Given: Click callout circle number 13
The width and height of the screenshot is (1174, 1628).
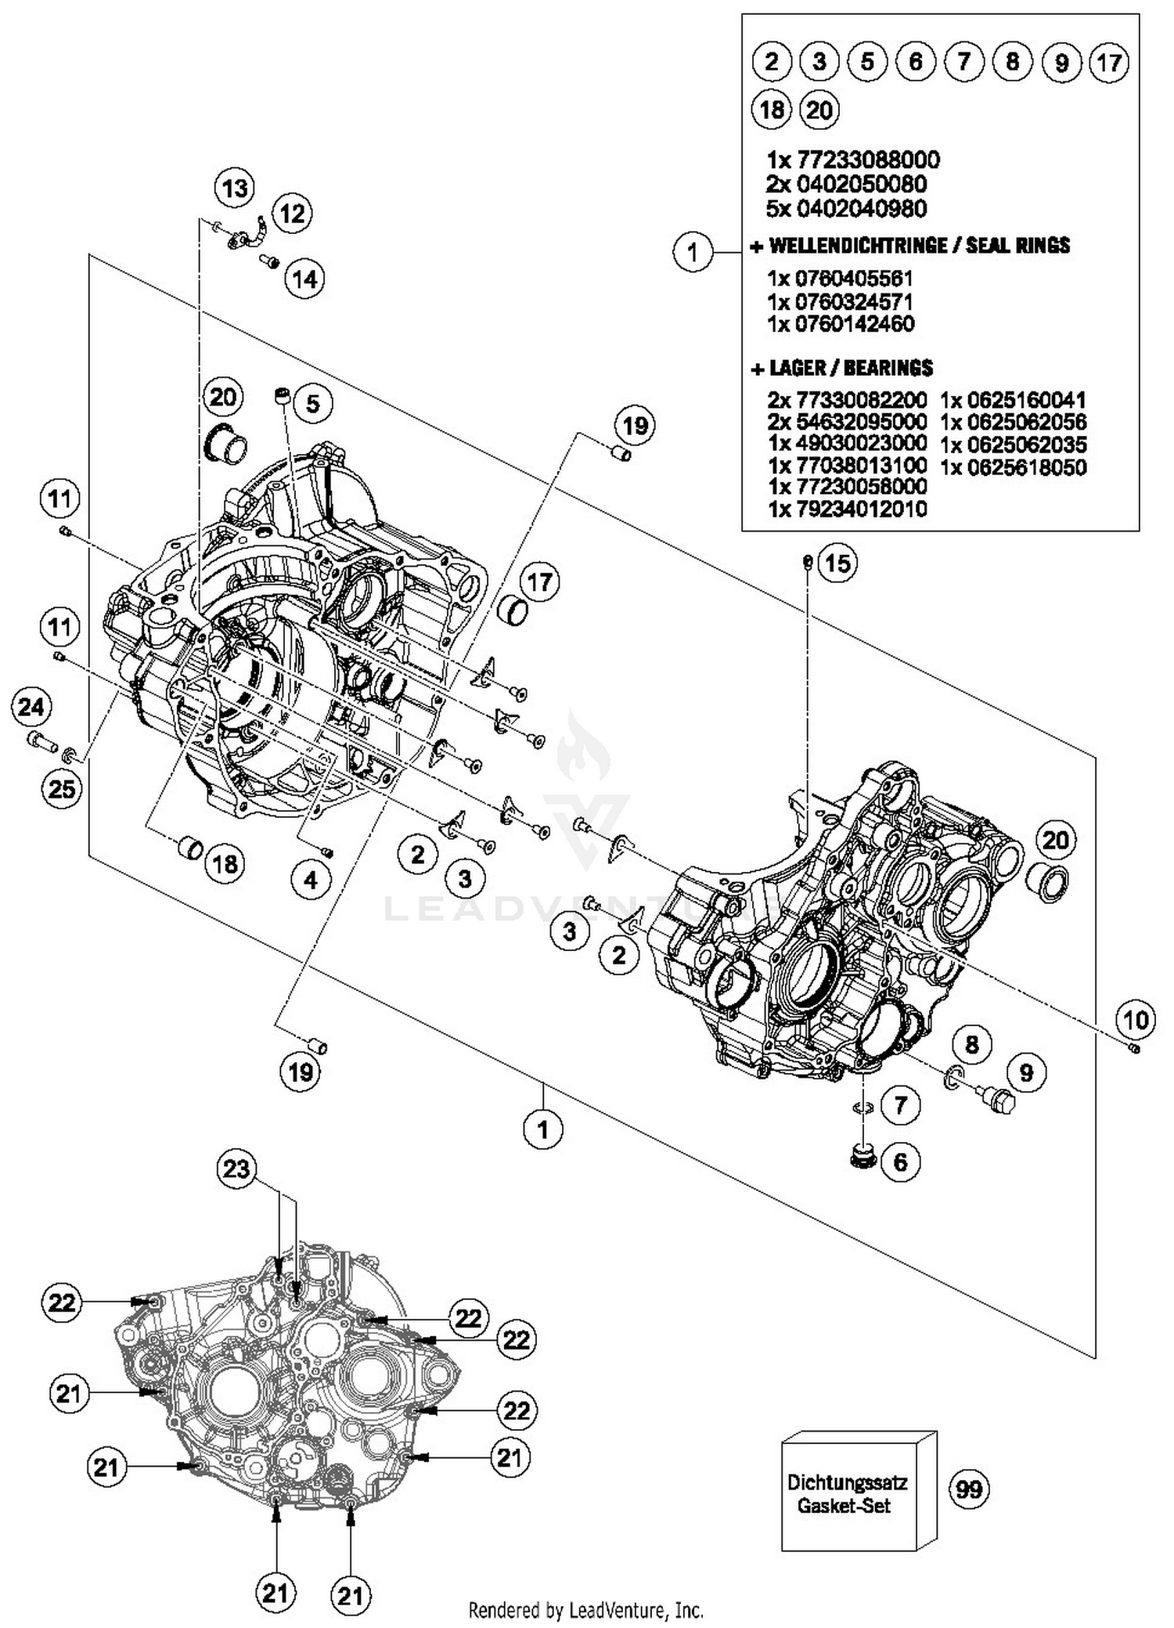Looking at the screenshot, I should pyautogui.click(x=235, y=188).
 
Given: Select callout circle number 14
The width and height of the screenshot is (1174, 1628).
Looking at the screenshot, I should pyautogui.click(x=305, y=279).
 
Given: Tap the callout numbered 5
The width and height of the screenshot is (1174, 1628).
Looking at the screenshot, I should pyautogui.click(x=312, y=404).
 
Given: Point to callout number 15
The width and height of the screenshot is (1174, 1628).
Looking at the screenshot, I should pyautogui.click(x=837, y=563).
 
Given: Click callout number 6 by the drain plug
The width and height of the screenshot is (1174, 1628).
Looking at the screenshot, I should pyautogui.click(x=900, y=1162).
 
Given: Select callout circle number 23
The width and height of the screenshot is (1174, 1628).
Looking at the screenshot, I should pyautogui.click(x=236, y=1169).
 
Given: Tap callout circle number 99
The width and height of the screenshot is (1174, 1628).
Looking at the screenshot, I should pyautogui.click(x=969, y=1488).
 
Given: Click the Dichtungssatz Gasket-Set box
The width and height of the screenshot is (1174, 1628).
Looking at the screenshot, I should pyautogui.click(x=848, y=1493).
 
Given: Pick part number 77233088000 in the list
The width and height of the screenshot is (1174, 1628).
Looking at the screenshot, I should pyautogui.click(x=868, y=160).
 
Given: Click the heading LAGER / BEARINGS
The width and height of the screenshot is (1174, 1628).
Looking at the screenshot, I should pyautogui.click(x=851, y=368).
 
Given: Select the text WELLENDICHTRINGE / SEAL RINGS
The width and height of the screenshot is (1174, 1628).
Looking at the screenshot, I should pyautogui.click(x=919, y=246).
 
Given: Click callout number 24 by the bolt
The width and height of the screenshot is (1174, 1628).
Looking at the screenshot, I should pyautogui.click(x=31, y=708).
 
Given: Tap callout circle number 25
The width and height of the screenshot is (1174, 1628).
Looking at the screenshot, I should pyautogui.click(x=61, y=788).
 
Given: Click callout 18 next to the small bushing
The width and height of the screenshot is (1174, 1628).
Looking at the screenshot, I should pyautogui.click(x=225, y=863).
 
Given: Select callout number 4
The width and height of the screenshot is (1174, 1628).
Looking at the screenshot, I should pyautogui.click(x=311, y=881).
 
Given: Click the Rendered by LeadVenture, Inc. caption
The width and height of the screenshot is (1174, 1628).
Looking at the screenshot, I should pyautogui.click(x=585, y=1610).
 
